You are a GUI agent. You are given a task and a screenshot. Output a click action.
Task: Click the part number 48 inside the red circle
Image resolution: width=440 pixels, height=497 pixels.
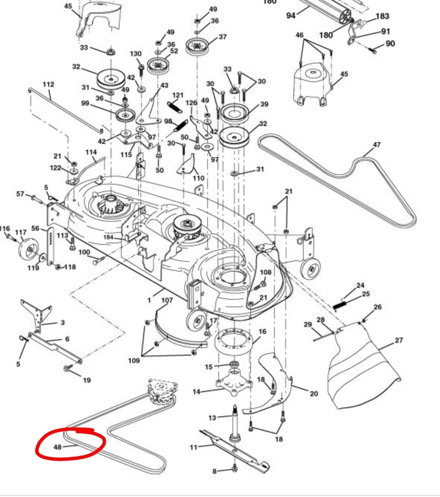click(x=57, y=447)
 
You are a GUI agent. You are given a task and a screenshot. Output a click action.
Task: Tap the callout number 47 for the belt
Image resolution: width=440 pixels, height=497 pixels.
click(x=376, y=145)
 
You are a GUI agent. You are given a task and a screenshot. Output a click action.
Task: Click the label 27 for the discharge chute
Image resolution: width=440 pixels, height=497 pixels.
click(x=399, y=340)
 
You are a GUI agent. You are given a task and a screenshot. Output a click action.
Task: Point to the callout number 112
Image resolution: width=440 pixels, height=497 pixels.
click(x=48, y=84)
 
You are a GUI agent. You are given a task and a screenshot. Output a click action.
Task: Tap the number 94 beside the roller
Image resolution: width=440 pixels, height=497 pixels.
click(x=291, y=15)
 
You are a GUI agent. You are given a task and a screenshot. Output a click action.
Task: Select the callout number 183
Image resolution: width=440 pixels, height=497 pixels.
click(x=382, y=16)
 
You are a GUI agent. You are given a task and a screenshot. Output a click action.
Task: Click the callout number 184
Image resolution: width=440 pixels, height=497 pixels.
click(x=108, y=237)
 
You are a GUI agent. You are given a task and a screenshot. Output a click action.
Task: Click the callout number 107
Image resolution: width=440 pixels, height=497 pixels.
click(x=167, y=300)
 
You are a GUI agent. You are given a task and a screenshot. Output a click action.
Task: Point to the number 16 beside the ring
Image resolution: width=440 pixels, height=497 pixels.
click(x=262, y=332)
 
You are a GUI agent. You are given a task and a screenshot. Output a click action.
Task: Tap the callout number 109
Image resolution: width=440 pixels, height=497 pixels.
click(x=134, y=360)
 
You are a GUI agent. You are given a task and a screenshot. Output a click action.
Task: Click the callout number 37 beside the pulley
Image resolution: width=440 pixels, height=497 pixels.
click(x=223, y=37)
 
